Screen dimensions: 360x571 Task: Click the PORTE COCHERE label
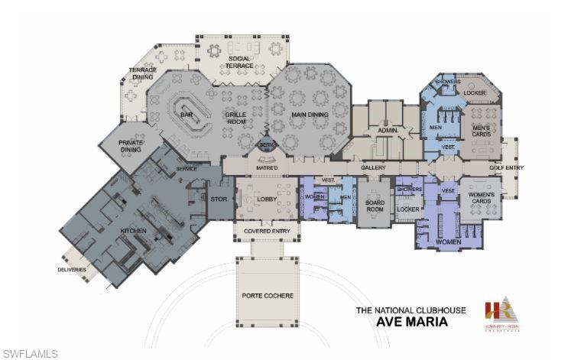pyautogui.click(x=268, y=296)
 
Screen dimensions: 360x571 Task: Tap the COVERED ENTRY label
pyautogui.click(x=266, y=231)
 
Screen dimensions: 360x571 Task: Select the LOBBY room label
pyautogui.click(x=267, y=199)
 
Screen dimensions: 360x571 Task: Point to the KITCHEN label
pyautogui.click(x=133, y=230)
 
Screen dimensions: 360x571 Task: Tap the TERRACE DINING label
pyautogui.click(x=143, y=73)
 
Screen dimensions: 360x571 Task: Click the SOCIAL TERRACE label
pyautogui.click(x=238, y=63)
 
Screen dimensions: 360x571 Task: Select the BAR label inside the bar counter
pyautogui.click(x=186, y=115)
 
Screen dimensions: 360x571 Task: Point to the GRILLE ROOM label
pyautogui.click(x=235, y=118)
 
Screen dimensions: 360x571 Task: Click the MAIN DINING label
pyautogui.click(x=310, y=115)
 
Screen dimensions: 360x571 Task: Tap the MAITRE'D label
pyautogui.click(x=266, y=167)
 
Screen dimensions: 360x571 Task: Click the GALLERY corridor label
pyautogui.click(x=374, y=167)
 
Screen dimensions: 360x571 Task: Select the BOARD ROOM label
pyautogui.click(x=374, y=206)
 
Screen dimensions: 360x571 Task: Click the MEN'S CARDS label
pyautogui.click(x=481, y=131)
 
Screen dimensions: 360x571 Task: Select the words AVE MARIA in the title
pyautogui.click(x=412, y=322)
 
